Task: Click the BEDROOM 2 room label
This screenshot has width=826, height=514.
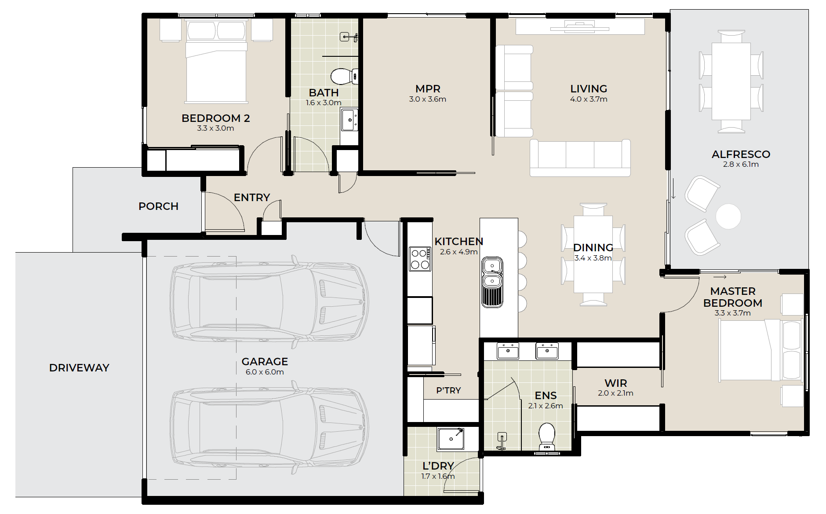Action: click(215, 118)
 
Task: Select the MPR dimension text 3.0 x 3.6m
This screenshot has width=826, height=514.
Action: click(427, 99)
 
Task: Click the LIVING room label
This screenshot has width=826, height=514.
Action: click(589, 88)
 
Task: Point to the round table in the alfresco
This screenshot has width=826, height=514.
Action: click(728, 217)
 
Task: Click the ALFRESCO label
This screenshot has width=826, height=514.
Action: click(741, 154)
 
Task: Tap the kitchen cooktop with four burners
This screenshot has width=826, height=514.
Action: click(420, 259)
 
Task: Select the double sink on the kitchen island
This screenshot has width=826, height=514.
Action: click(492, 282)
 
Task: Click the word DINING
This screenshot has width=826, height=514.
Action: click(593, 247)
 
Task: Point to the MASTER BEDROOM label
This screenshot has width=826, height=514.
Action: click(733, 297)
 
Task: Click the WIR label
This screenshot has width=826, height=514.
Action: click(615, 383)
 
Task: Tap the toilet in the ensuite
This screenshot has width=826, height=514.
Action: click(547, 437)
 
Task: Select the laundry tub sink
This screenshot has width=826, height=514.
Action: click(451, 439)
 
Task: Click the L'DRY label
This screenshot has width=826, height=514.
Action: click(438, 466)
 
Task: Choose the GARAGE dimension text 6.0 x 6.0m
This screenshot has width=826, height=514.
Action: click(265, 372)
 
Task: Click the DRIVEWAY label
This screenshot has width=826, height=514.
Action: click(79, 367)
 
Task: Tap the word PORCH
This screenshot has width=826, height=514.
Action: click(158, 206)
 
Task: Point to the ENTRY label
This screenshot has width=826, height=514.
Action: click(252, 197)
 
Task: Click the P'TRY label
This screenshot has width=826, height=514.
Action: click(448, 390)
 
